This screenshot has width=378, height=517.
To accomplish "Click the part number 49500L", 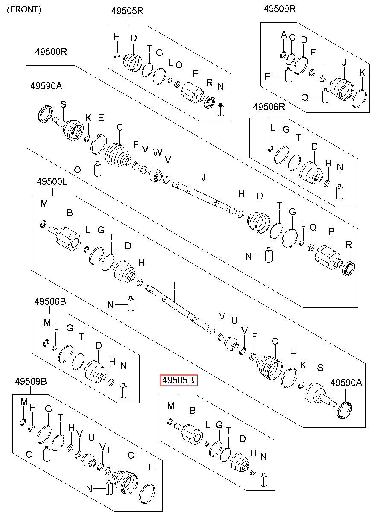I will (51, 182).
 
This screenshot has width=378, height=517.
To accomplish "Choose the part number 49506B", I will (50, 302).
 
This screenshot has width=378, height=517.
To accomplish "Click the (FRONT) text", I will (24, 9).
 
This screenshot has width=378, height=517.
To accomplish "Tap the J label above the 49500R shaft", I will (204, 176).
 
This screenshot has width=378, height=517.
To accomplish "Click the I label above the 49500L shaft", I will (174, 284).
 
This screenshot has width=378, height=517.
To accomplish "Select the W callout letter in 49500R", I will (157, 152).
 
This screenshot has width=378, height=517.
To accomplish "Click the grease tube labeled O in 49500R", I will (97, 169).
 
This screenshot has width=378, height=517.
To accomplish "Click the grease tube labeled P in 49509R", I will (289, 76).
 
